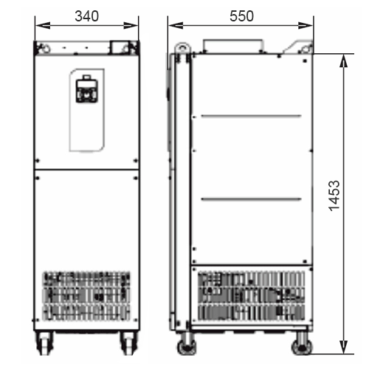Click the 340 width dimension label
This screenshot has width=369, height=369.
click(x=87, y=16)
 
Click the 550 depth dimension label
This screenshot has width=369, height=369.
click(x=241, y=16)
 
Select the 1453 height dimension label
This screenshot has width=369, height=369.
click(x=334, y=196)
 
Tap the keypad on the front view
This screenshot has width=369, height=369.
click(x=86, y=90)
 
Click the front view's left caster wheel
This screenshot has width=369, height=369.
click(x=44, y=342)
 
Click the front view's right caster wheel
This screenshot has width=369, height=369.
click(x=128, y=342)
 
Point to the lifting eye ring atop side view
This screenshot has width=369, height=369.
click(x=182, y=47)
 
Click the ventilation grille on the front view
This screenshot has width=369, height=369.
click(x=86, y=296)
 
